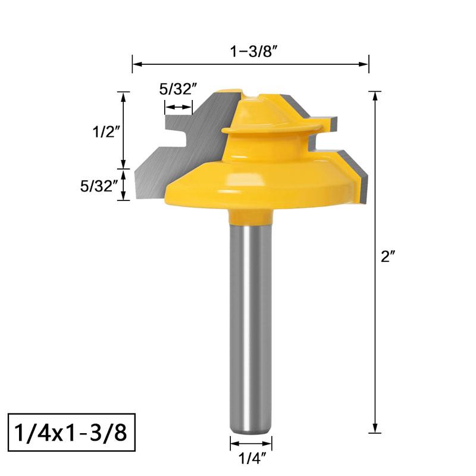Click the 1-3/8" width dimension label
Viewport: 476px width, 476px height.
click(254, 51)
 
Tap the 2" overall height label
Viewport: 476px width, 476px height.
click(388, 256)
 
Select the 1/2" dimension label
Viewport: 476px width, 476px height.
click(105, 131)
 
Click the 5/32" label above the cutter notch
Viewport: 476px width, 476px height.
click(178, 89)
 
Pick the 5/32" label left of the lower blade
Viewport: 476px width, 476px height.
click(99, 186)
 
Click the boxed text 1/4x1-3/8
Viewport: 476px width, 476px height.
click(70, 433)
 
